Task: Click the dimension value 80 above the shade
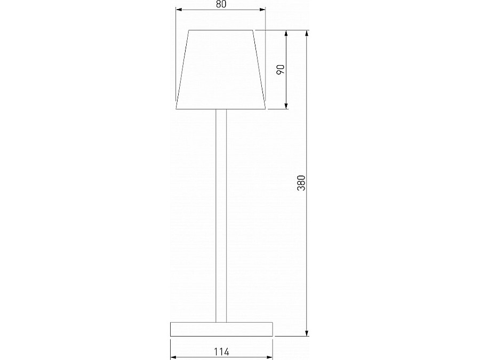click(x=221, y=4)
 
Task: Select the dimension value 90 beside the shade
click(x=281, y=69)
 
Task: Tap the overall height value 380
click(x=301, y=183)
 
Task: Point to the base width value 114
click(x=221, y=351)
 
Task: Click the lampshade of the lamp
click(x=221, y=69)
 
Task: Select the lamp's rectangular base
click(x=221, y=329)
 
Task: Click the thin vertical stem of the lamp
click(x=221, y=213)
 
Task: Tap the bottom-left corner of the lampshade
click(x=177, y=109)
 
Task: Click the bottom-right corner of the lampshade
click(x=266, y=109)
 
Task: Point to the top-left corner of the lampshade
click(x=189, y=31)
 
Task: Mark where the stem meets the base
click(x=221, y=322)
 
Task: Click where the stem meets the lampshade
click(x=221, y=110)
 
